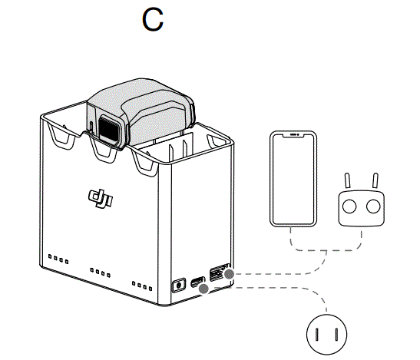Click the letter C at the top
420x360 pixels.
tap(153, 20)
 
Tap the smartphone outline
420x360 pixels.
tap(294, 177)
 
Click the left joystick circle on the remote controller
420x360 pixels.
tap(349, 206)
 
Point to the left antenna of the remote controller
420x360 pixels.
tap(347, 180)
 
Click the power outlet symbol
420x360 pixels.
tap(326, 334)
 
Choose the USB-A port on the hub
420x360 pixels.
tap(217, 273)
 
